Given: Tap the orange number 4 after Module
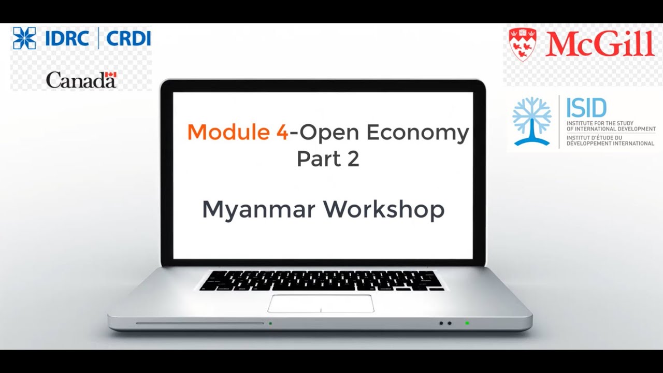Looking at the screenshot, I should click(282, 133).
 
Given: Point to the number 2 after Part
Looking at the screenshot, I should click(353, 159).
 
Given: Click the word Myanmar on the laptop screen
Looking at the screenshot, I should click(259, 209).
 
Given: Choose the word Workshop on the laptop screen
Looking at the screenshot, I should click(384, 209).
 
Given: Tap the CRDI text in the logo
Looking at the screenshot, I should click(128, 38).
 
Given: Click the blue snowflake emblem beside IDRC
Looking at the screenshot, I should click(24, 38).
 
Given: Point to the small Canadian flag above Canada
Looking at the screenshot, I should click(110, 76).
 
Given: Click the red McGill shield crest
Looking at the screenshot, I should click(522, 44).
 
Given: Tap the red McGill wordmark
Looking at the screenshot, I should click(600, 44).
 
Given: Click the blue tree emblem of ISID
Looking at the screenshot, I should click(531, 121).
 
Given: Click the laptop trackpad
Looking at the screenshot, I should click(321, 304).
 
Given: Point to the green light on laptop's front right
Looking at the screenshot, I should click(467, 323).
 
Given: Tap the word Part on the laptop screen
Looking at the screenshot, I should click(316, 159).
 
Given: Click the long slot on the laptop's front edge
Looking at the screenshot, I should click(200, 323).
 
